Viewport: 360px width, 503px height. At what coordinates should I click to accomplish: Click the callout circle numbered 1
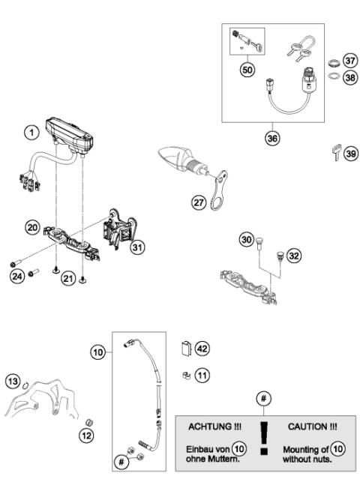[31, 133]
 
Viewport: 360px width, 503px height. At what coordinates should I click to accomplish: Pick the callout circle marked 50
[247, 70]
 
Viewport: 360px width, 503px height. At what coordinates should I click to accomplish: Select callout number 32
[294, 256]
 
